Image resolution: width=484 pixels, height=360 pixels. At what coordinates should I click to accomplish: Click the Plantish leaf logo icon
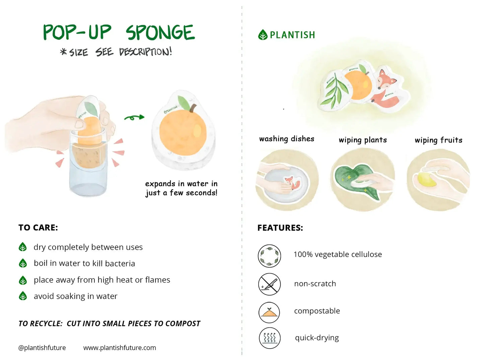coord(263,35)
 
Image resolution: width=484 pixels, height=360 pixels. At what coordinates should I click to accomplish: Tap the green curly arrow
coord(134,117)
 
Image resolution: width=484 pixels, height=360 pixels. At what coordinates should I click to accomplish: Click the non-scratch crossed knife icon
coord(269,284)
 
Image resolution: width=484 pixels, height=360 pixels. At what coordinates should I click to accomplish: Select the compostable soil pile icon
coord(269,312)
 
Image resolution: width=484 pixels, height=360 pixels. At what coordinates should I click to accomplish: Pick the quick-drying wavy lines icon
coord(269,338)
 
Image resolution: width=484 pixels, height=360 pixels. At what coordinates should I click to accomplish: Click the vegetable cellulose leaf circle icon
coord(269,256)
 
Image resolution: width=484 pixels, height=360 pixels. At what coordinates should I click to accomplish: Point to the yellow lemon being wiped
coord(426,180)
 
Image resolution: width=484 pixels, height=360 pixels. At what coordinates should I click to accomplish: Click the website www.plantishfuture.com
coord(120,348)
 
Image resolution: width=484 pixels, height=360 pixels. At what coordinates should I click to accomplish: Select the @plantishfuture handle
coord(42,348)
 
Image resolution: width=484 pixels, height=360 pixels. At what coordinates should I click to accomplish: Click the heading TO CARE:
coord(38,228)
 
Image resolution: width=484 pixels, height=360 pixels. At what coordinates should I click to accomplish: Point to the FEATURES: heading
coord(280,228)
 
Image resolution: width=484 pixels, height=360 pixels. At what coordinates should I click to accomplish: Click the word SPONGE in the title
coord(160,33)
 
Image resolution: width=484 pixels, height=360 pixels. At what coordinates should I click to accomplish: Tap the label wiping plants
coord(363,140)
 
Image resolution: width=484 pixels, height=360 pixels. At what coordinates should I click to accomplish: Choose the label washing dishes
coord(287,139)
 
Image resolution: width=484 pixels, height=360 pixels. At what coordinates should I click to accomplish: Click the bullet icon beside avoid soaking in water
coord(23,296)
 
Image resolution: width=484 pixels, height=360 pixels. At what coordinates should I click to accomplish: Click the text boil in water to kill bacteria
coord(84,263)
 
